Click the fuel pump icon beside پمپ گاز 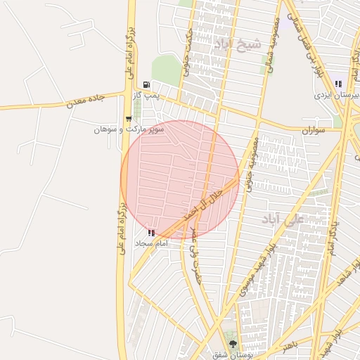point(146,84)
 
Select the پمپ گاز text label point(147,94)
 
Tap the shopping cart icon point(128,119)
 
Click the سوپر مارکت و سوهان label point(129,130)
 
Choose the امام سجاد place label point(149,243)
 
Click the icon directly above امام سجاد point(150,232)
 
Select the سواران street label point(313,131)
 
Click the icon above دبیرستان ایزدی point(339,84)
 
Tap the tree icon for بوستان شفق point(233,344)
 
